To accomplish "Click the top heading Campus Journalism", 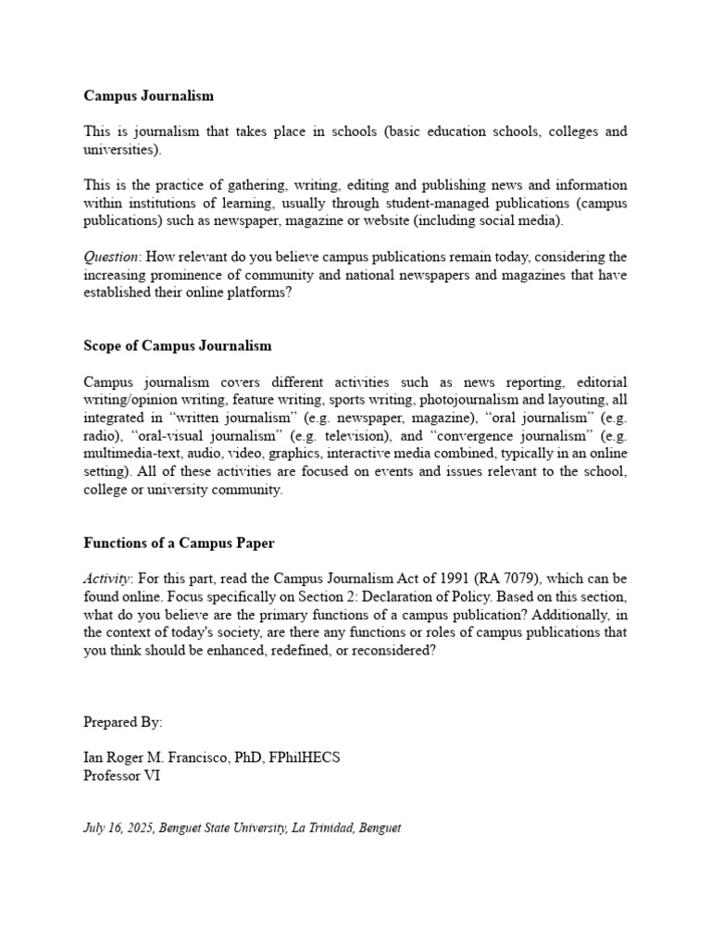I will point(148,95).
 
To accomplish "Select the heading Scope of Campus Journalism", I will point(177,345).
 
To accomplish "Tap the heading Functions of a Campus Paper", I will point(179,543).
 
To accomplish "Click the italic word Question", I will point(111,256).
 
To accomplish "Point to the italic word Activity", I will point(108,579).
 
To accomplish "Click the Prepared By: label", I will point(122,721).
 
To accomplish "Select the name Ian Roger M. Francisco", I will point(163,757).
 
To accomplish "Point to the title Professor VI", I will point(121,776).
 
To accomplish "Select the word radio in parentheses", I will point(102,436).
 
